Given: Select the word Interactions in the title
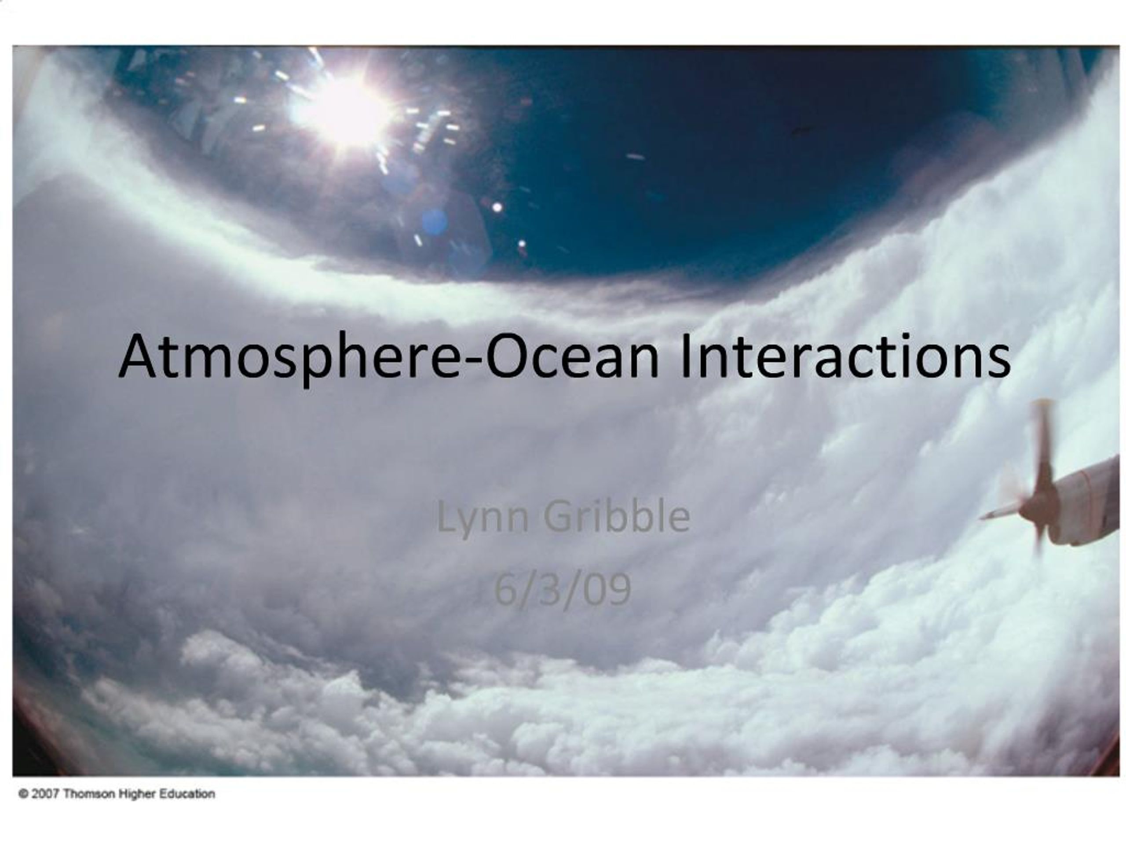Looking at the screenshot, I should [844, 357].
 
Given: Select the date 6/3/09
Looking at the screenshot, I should [563, 590].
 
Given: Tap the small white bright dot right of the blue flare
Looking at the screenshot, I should [497, 207].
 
